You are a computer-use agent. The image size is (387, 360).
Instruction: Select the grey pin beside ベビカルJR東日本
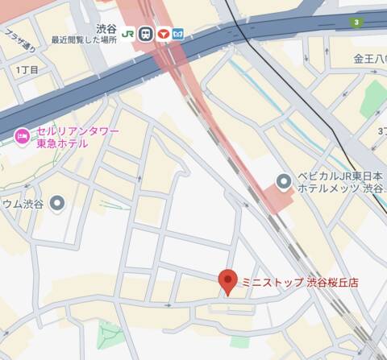tap(283, 181)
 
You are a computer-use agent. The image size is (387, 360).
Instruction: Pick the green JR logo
tap(128, 34)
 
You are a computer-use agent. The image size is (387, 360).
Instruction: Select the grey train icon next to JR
tap(145, 34)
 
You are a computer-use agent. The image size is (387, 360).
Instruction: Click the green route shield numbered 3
tap(356, 22)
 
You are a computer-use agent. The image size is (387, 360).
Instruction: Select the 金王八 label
tap(370, 59)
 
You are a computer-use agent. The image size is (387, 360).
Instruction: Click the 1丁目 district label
tap(27, 70)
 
